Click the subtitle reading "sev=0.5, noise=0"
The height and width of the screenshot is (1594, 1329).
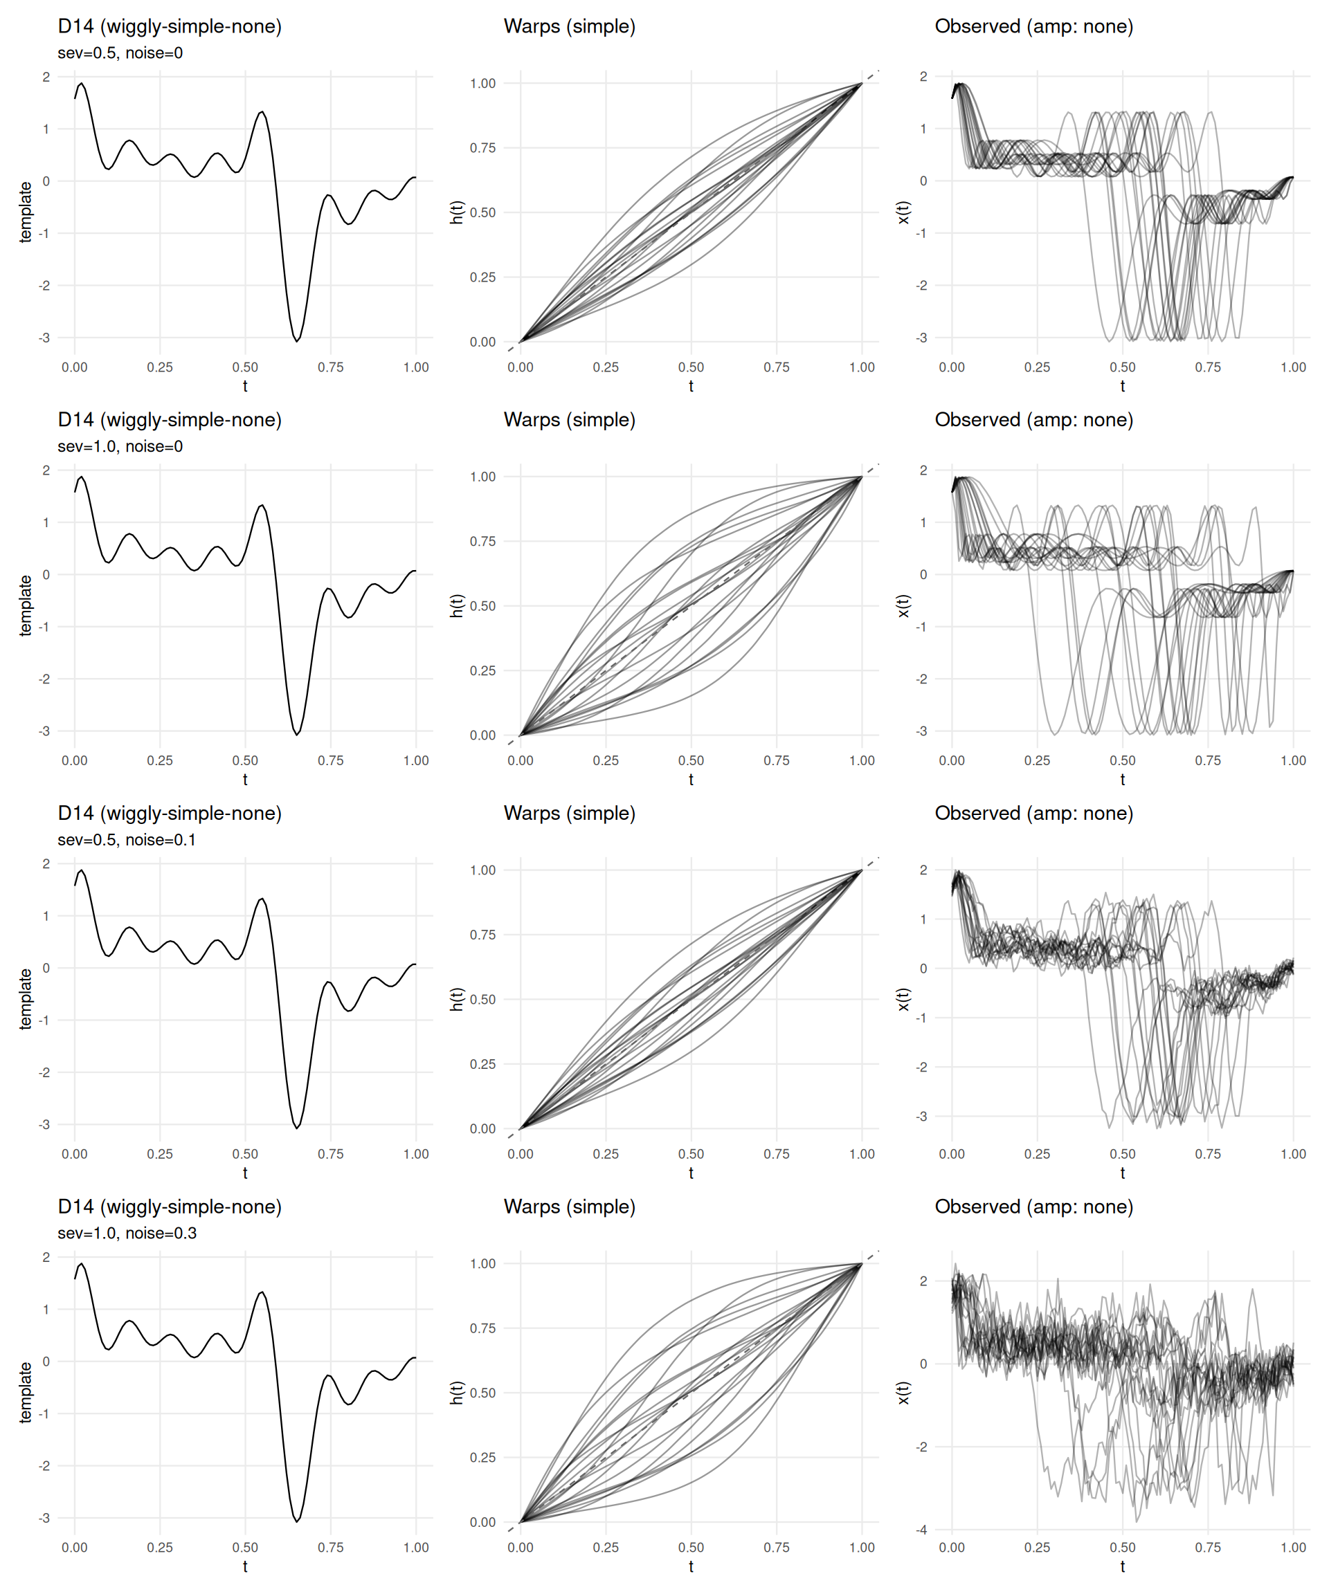(120, 53)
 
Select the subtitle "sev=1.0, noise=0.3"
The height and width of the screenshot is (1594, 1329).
(127, 1234)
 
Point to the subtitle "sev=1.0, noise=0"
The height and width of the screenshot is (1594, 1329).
(120, 446)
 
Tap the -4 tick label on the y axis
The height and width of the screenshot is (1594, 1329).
(921, 1530)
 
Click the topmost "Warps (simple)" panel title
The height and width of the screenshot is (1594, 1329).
(569, 26)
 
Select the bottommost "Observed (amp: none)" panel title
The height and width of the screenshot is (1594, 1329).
(1033, 1207)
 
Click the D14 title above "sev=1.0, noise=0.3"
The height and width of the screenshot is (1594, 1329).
(170, 1207)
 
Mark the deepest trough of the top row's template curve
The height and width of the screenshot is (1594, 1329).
(296, 341)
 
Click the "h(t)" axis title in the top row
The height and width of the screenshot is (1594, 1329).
(456, 212)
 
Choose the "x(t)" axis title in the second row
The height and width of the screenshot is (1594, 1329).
(903, 606)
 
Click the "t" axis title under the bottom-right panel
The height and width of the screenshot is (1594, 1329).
(1123, 1566)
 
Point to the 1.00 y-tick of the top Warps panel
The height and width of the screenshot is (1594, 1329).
(483, 84)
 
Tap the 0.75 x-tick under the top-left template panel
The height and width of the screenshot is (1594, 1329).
(330, 367)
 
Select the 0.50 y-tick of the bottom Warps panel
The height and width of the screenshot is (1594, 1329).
(483, 1393)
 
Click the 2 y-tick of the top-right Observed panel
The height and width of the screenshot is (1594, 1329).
(923, 77)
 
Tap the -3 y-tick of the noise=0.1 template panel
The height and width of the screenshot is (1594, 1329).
(45, 1125)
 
